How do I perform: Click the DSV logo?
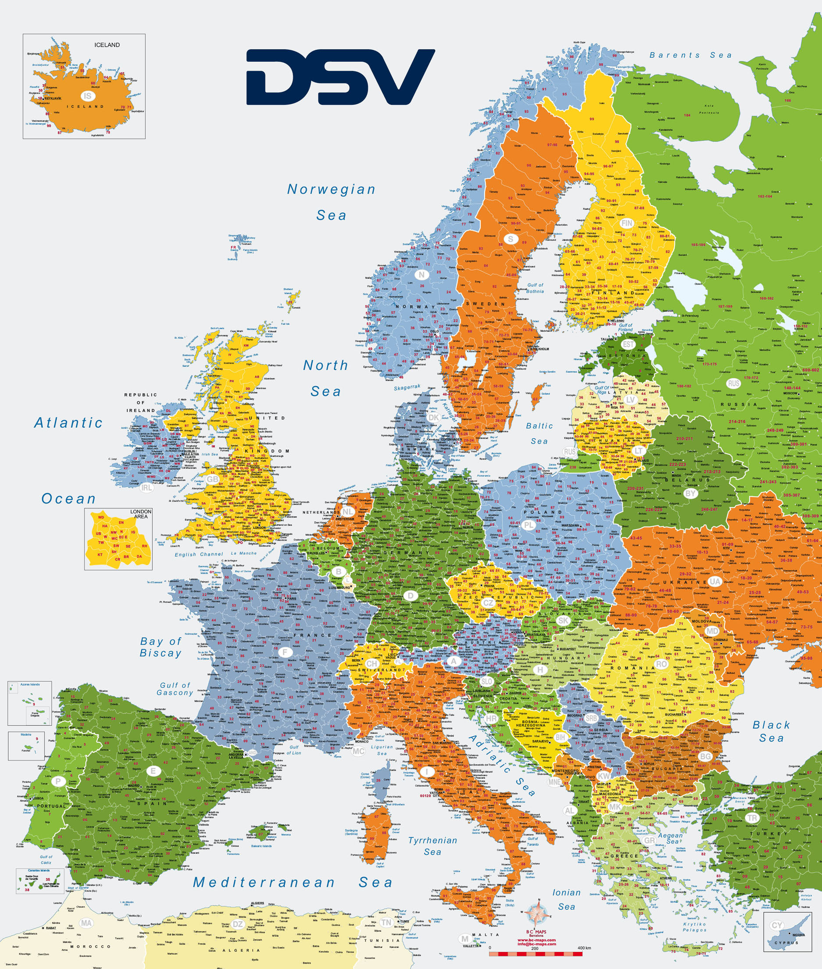(340, 77)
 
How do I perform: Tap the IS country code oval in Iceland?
(88, 96)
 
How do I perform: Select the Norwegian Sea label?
(331, 202)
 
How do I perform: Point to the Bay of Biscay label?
(161, 647)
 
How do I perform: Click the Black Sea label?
(771, 731)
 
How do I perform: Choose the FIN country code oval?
(627, 224)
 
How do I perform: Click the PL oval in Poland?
(528, 525)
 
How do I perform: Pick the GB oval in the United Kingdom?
(212, 479)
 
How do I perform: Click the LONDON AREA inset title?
(141, 514)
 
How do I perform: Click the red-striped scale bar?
(536, 954)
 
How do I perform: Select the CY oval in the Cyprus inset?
(776, 925)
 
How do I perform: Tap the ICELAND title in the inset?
(107, 45)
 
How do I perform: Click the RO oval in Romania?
(661, 664)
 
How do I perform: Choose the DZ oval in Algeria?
(238, 924)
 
